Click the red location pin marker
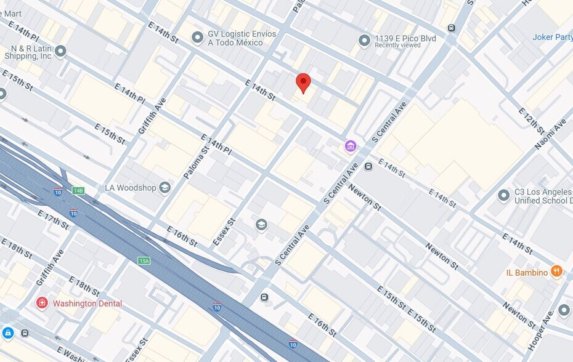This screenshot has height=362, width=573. [x=303, y=82]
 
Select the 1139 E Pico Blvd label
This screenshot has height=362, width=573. [x=405, y=39]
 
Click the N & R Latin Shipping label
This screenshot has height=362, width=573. [x=27, y=52]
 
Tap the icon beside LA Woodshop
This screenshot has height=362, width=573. [x=165, y=188]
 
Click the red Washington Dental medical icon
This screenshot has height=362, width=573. [x=42, y=303]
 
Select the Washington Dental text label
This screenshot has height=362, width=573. [x=87, y=304]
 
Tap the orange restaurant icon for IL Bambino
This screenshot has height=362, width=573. [x=556, y=271]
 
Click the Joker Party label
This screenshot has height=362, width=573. [x=552, y=37]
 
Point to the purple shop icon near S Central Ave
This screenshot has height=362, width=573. [x=351, y=146]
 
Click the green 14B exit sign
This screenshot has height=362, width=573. [x=78, y=191]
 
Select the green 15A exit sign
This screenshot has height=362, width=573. [x=144, y=261]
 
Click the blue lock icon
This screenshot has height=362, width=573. [x=7, y=333]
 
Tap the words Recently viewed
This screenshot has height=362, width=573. [x=397, y=46]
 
